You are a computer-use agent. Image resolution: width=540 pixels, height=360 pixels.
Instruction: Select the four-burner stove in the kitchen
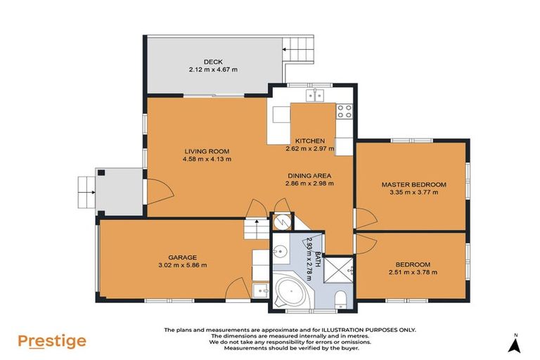pyautogui.click(x=345, y=111)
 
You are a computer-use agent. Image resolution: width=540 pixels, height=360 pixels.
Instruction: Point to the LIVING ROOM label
pyautogui.click(x=207, y=151)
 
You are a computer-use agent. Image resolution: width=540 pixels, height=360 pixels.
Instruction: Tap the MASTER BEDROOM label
pyautogui.click(x=413, y=184)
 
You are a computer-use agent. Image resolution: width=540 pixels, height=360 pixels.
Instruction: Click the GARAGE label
pyautogui.click(x=181, y=257)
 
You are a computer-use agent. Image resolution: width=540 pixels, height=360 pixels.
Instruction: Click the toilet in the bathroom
pyautogui.click(x=340, y=300)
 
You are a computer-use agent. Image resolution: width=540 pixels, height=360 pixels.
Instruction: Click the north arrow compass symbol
pyautogui.click(x=515, y=344)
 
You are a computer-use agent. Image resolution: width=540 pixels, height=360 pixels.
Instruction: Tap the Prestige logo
pyautogui.click(x=52, y=341)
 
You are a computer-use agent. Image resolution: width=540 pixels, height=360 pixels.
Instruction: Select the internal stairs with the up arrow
pyautogui.click(x=256, y=229)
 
